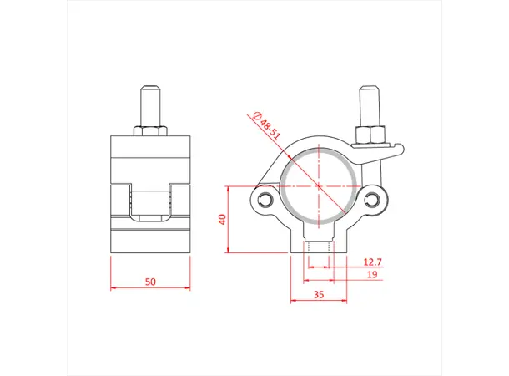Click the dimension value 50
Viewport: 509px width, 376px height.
coord(150,282)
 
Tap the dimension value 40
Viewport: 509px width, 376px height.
coord(222,220)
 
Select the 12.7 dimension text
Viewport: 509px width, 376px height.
coord(373,262)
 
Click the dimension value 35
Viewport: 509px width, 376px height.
coord(318,294)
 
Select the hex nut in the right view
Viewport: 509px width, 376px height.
coord(369,136)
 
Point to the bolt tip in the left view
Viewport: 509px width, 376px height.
coord(150,87)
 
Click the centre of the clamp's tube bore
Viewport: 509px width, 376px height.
coord(318,185)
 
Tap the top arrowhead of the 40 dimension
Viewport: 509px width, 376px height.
coord(229,189)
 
